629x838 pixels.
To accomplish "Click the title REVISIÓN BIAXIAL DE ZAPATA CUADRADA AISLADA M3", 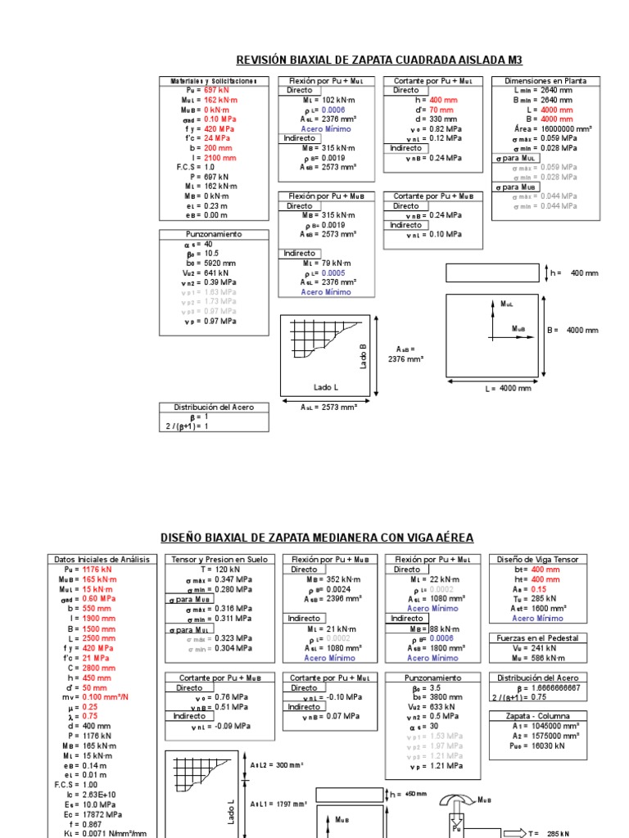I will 378,60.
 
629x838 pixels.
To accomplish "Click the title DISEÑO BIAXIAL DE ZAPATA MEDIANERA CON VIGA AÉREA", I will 316,538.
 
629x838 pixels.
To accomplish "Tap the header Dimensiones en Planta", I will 545,81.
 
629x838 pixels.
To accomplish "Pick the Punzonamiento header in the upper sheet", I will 214,234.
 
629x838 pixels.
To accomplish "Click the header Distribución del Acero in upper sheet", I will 214,407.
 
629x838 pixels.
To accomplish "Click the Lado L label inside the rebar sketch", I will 325,387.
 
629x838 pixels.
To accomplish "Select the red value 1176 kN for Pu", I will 97,570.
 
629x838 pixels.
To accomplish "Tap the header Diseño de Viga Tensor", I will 538,560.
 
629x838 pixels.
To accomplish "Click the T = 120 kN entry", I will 215,570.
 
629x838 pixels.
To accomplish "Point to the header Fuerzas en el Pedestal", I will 538,638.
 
